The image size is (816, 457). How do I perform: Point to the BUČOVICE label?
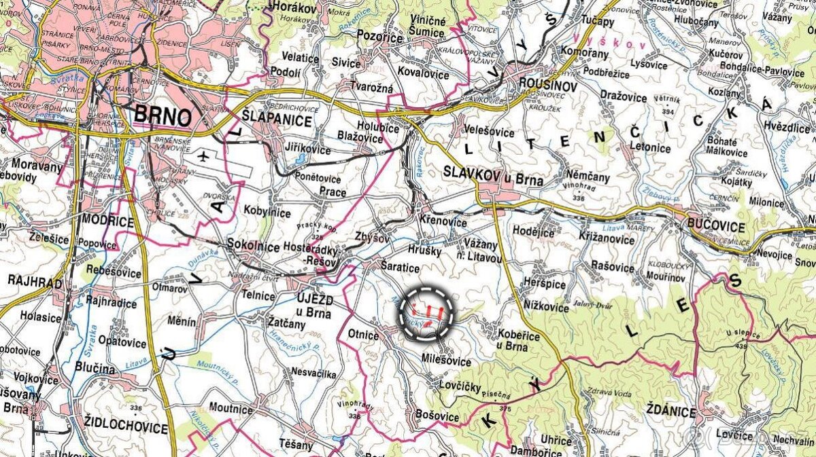(712, 223)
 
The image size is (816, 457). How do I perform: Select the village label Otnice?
(362, 335)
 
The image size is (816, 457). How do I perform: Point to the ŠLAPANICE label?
(275, 121)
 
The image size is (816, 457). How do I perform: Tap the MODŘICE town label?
(107, 221)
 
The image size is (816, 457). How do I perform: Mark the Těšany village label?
(296, 445)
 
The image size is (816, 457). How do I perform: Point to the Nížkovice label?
(546, 308)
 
